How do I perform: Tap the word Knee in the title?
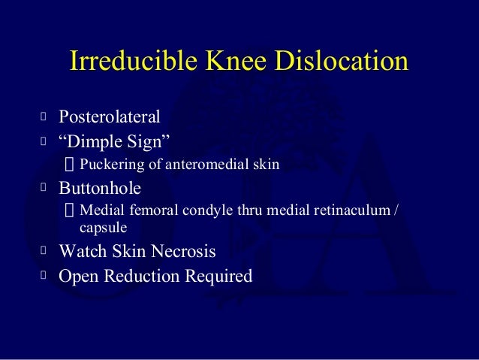coord(227,63)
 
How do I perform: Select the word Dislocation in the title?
coord(340,63)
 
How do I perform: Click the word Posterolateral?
coord(110,117)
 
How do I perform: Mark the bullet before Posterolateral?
coord(44,117)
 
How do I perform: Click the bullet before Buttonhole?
coord(44,186)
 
